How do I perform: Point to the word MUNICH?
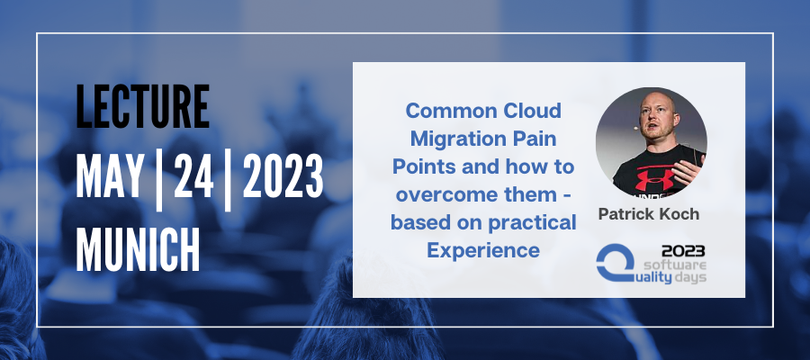(139, 245)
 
